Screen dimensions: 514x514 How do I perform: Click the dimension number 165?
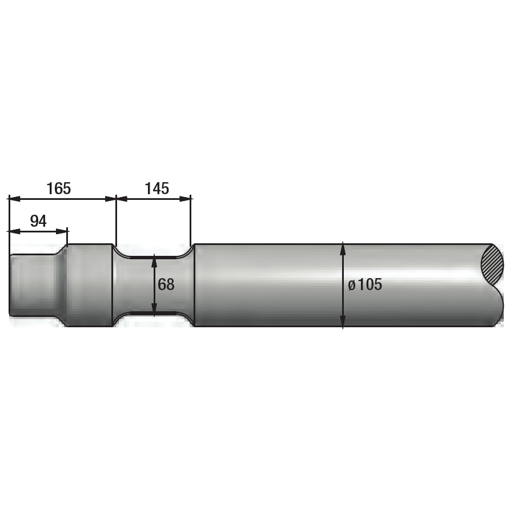point(59,188)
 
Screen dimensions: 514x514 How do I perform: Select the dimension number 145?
point(157,188)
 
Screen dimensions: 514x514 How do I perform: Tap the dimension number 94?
point(38,221)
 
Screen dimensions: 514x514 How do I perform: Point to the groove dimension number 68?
point(166,284)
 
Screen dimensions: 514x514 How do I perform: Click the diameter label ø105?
point(365,284)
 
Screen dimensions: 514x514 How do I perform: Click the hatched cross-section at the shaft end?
point(492,266)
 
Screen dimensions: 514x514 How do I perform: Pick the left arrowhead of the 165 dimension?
point(14,199)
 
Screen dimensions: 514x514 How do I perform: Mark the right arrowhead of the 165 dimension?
point(110,199)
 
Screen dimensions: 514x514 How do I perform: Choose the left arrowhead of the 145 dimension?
point(122,199)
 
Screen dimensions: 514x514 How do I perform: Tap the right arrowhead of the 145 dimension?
point(184,199)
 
